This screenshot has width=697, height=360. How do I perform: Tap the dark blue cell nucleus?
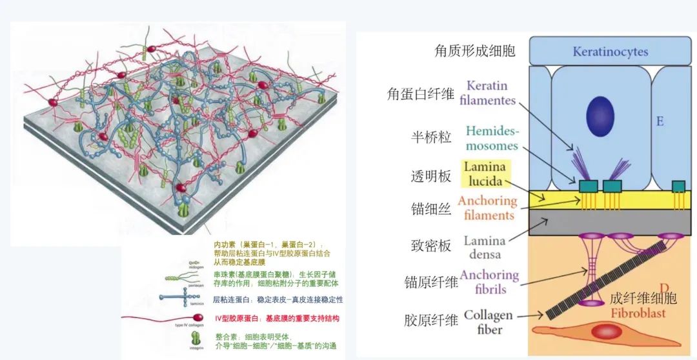click(x=600, y=117)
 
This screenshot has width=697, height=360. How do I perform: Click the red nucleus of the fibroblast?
click(x=606, y=332)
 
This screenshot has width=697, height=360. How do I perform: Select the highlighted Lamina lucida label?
click(x=485, y=174)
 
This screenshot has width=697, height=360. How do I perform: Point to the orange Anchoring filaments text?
click(x=488, y=208)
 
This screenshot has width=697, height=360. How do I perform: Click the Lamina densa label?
click(x=484, y=248)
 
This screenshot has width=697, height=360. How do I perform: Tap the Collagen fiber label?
click(x=488, y=322)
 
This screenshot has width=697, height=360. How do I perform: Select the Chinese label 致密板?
click(x=426, y=246)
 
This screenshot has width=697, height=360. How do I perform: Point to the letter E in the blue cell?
click(x=659, y=121)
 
